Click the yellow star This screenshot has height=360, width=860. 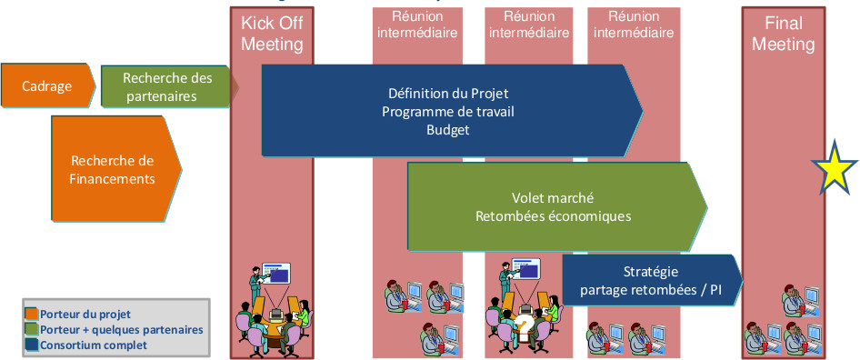click(x=835, y=169)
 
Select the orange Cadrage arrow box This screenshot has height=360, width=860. click(x=47, y=85)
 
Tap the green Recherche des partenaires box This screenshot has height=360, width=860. click(x=165, y=86)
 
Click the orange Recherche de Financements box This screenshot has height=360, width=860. click(x=115, y=169)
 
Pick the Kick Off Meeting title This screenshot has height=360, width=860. click(x=272, y=34)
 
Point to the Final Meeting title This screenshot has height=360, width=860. click(x=784, y=34)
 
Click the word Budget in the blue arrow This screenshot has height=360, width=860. click(x=448, y=130)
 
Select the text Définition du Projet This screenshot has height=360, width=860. click(x=448, y=93)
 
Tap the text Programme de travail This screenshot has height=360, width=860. click(x=448, y=112)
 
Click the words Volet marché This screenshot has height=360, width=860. click(x=553, y=197)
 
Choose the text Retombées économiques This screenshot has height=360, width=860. click(x=553, y=216)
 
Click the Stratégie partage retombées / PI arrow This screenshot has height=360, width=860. click(x=652, y=280)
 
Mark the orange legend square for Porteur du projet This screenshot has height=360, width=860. click(x=32, y=315)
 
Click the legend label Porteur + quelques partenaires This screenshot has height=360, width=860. click(x=122, y=330)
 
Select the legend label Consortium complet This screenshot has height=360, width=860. click(x=94, y=345)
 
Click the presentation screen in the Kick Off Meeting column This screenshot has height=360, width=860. click(x=275, y=273)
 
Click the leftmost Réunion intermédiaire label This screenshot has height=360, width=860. click(x=417, y=25)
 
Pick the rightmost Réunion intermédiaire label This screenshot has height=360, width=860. click(x=634, y=25)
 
